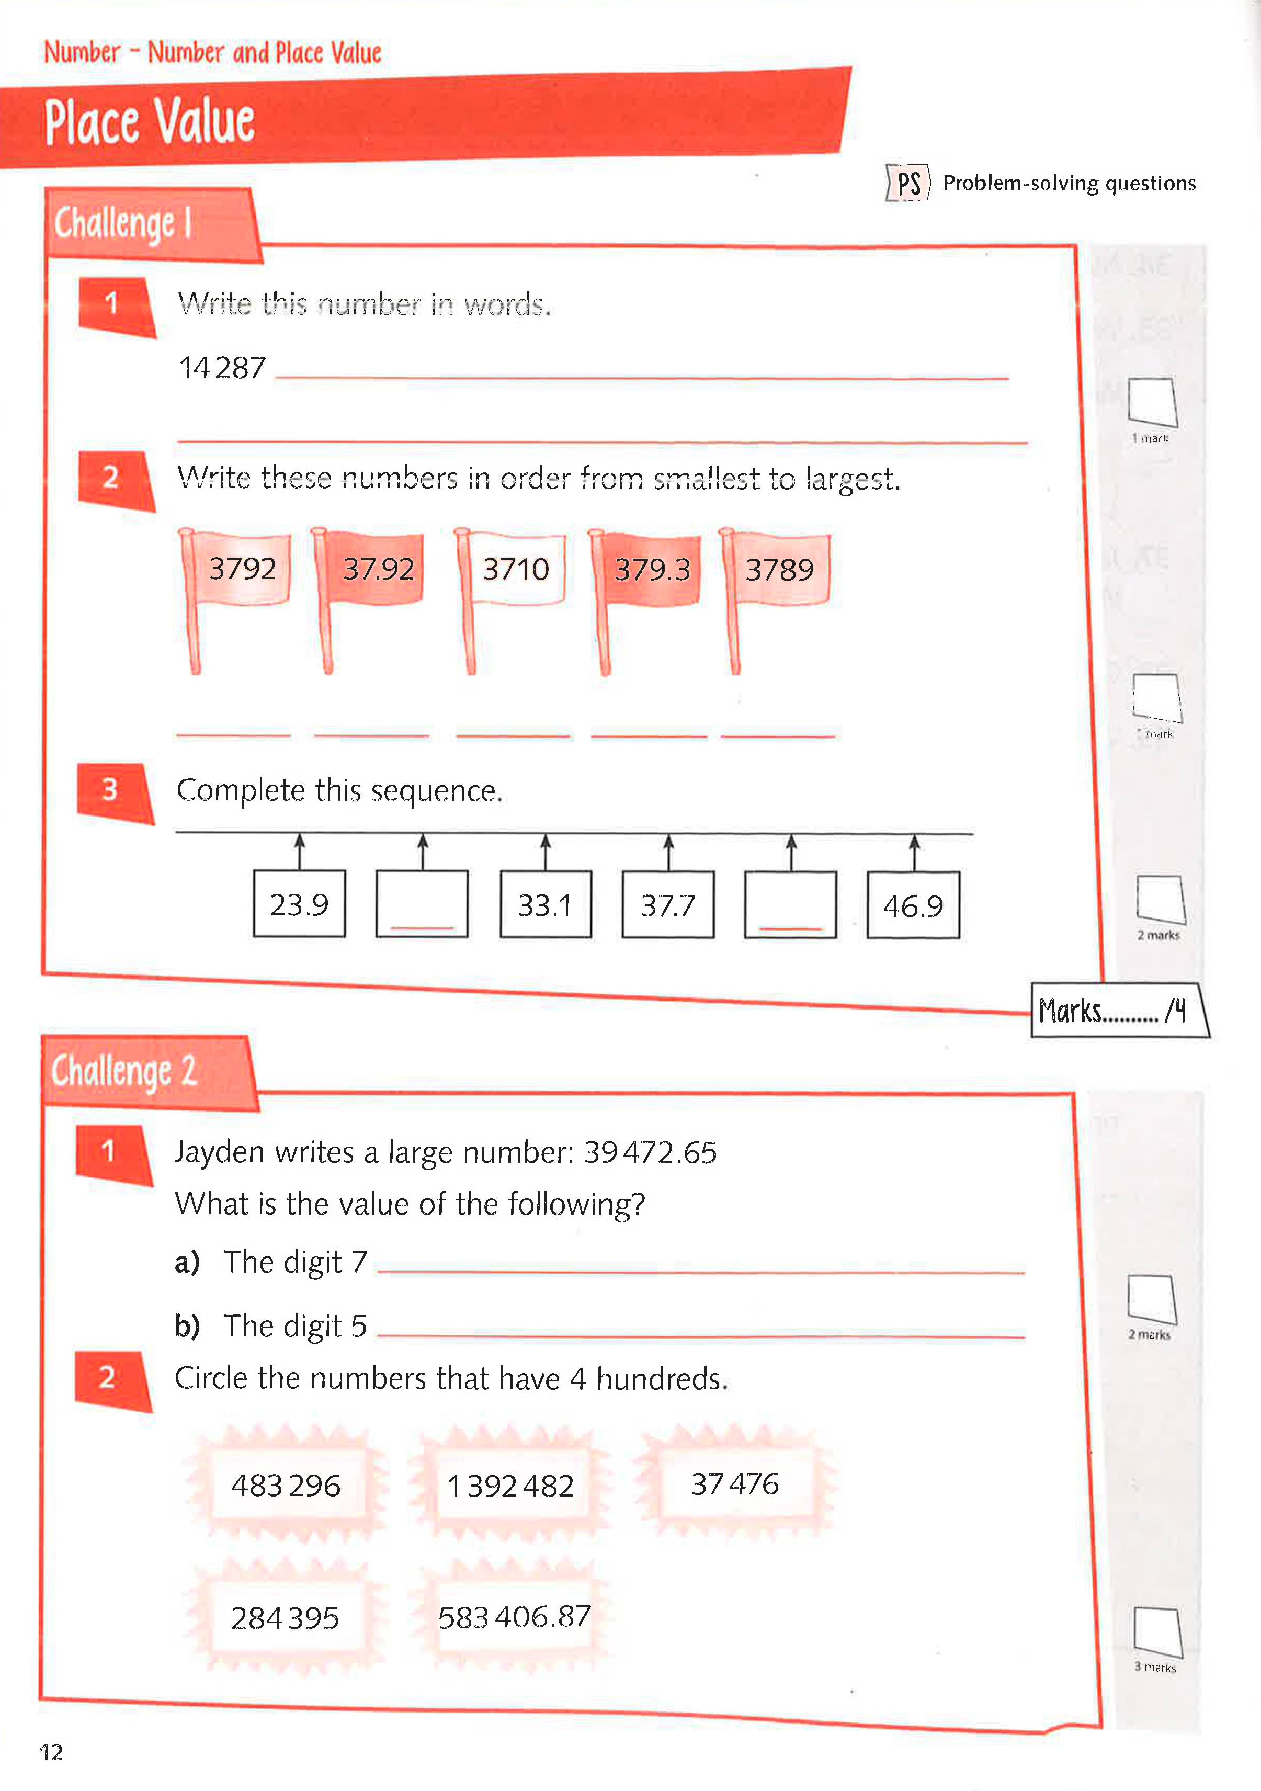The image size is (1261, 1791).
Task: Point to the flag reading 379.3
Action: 652,570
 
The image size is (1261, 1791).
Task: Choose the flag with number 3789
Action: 779,570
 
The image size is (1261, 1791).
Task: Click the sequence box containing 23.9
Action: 300,904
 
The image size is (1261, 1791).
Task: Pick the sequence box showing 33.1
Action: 545,905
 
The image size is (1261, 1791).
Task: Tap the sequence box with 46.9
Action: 913,905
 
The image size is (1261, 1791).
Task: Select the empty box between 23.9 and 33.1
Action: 422,904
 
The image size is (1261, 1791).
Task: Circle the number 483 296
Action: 286,1485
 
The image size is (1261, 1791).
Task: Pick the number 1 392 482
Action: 510,1485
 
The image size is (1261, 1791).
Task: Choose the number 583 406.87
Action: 514,1617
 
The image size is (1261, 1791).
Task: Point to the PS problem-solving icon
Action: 908,183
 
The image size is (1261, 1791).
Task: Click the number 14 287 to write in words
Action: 222,367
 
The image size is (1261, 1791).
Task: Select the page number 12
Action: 51,1752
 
